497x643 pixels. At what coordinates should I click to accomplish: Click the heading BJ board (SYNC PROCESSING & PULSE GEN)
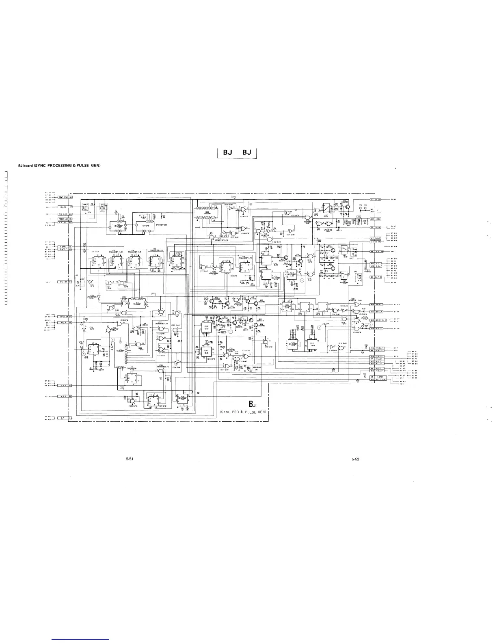click(x=59, y=165)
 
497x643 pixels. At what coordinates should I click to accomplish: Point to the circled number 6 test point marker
click(x=84, y=353)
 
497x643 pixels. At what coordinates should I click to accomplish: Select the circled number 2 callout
click(x=302, y=281)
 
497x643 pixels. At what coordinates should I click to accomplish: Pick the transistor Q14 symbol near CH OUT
click(x=348, y=206)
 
